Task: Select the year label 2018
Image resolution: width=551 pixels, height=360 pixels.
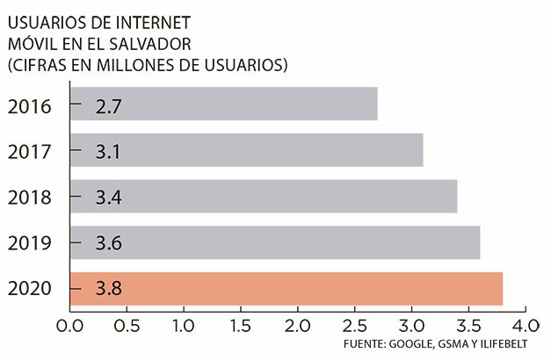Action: (29, 197)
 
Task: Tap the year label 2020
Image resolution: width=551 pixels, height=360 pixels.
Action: (29, 288)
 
